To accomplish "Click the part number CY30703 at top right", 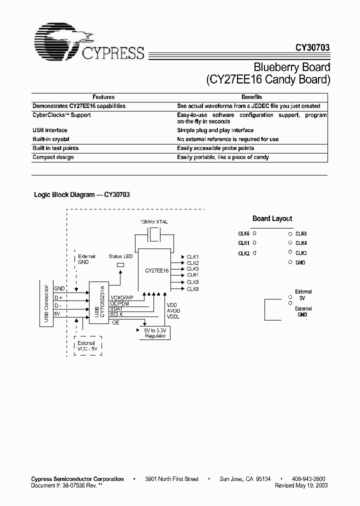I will [310, 48].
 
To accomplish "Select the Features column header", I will [103, 97].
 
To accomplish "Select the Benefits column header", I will [252, 97].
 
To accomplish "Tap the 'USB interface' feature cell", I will [50, 130].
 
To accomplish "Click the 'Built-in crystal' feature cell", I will [51, 139].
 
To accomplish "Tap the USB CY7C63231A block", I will [99, 303].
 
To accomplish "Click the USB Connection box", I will [46, 304].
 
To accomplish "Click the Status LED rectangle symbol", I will [120, 265].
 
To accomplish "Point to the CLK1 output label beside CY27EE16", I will [193, 256].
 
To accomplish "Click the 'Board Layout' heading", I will [272, 218].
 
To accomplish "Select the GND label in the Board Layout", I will [300, 262].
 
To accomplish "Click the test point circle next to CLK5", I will [290, 233].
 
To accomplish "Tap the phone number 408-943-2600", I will [308, 479].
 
